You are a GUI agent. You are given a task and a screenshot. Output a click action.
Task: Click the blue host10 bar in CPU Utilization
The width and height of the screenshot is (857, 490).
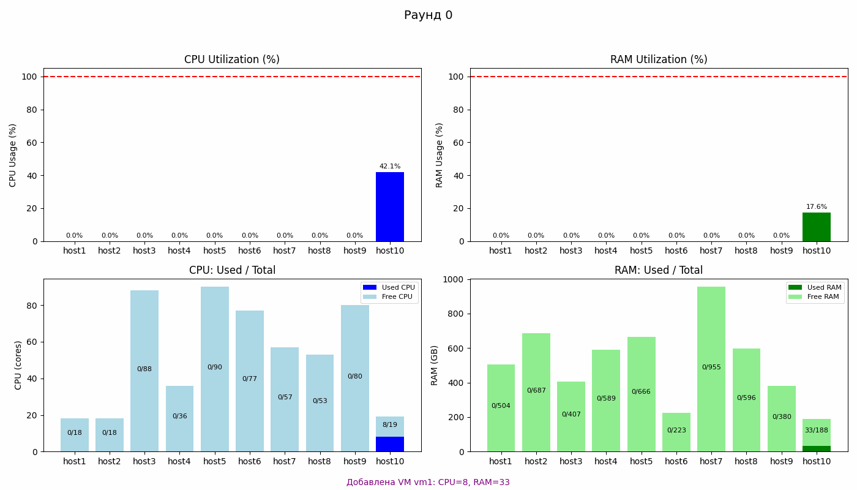tap(390, 206)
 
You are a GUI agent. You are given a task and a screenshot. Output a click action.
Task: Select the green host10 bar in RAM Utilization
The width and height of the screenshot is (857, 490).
tap(817, 227)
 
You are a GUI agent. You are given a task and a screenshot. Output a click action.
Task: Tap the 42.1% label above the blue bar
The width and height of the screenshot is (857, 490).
tap(390, 167)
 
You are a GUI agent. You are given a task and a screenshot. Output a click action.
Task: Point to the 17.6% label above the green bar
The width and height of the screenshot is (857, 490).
tap(817, 207)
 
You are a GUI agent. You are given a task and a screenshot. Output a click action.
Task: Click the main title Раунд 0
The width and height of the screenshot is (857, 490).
tap(428, 15)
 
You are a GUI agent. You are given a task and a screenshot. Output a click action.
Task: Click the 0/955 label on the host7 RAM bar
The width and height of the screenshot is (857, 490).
tap(711, 367)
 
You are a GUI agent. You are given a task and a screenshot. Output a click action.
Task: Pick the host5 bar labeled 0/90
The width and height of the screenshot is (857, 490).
tap(215, 367)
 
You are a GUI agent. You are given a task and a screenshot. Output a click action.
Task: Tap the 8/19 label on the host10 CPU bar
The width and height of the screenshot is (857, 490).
tap(390, 425)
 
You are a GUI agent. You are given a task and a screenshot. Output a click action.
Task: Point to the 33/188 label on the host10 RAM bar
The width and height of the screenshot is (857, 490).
tap(817, 431)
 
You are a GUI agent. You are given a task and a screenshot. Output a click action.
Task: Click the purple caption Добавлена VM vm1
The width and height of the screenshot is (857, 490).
tap(428, 483)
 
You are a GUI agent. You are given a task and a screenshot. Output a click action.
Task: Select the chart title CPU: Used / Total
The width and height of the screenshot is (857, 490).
tap(232, 270)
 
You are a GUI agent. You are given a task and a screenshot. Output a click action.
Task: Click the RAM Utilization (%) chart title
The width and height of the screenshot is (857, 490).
tap(659, 59)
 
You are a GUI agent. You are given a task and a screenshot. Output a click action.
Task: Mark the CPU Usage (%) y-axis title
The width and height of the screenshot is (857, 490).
tap(13, 155)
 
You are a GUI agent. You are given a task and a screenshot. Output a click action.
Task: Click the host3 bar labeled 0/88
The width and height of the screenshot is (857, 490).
tap(144, 369)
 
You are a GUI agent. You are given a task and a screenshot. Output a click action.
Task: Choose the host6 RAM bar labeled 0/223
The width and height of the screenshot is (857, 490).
tap(676, 431)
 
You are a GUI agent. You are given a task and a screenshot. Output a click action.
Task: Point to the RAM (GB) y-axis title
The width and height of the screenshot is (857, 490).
tap(435, 365)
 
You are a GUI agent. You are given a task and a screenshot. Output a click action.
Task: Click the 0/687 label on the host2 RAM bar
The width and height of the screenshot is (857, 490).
tap(536, 391)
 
